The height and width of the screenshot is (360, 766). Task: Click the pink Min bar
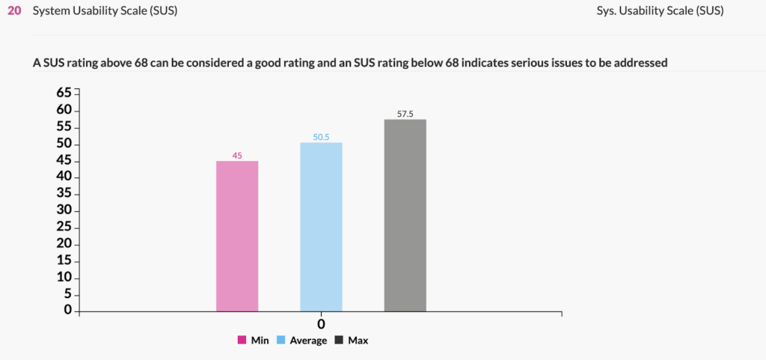pyautogui.click(x=237, y=236)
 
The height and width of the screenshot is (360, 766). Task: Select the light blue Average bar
pyautogui.click(x=321, y=227)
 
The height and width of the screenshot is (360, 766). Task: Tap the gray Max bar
pyautogui.click(x=405, y=215)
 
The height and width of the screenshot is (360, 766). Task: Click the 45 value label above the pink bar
pyautogui.click(x=237, y=156)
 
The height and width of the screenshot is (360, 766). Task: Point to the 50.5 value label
pyautogui.click(x=321, y=138)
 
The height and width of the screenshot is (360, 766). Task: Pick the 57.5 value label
pyautogui.click(x=405, y=115)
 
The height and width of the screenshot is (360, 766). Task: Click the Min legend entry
pyautogui.click(x=254, y=341)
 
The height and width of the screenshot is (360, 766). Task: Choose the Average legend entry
pyautogui.click(x=301, y=341)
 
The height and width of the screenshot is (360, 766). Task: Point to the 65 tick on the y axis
pyautogui.click(x=64, y=93)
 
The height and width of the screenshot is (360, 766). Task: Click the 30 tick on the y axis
pyautogui.click(x=64, y=210)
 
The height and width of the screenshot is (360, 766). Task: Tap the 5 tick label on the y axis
pyautogui.click(x=68, y=293)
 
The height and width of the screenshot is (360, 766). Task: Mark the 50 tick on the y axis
pyautogui.click(x=64, y=143)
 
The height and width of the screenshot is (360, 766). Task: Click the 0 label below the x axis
pyautogui.click(x=321, y=325)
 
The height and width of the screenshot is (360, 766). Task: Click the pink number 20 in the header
pyautogui.click(x=14, y=12)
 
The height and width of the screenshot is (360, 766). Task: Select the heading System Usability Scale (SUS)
pyautogui.click(x=105, y=12)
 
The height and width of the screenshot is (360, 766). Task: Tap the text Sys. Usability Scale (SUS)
pyautogui.click(x=661, y=12)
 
